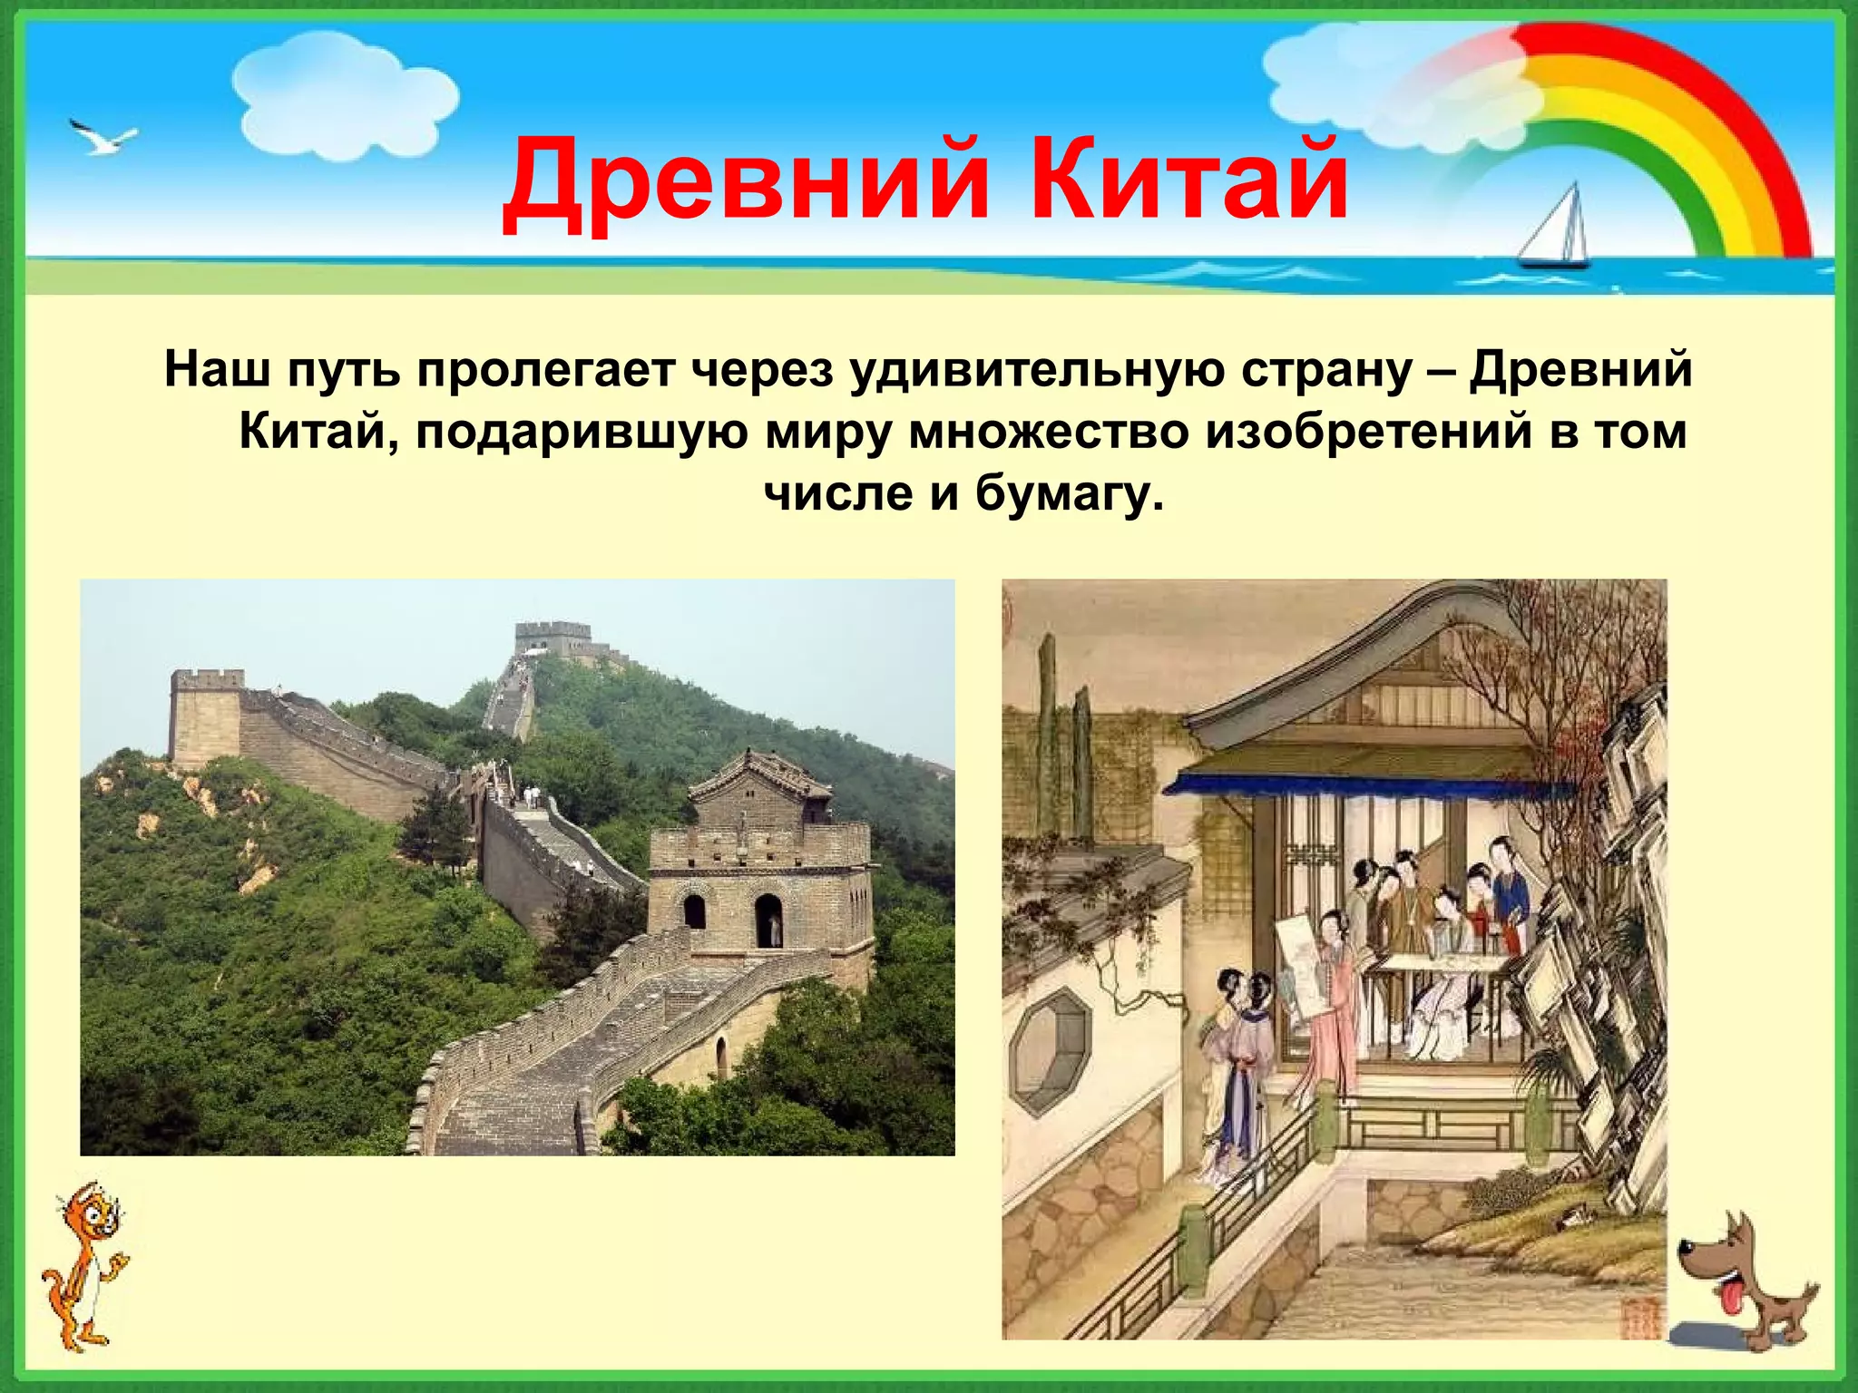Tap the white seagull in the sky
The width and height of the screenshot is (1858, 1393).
click(102, 137)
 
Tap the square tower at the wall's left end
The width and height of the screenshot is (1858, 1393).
click(206, 716)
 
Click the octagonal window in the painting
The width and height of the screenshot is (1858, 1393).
click(1051, 1052)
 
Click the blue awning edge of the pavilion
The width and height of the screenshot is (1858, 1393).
click(1361, 784)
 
